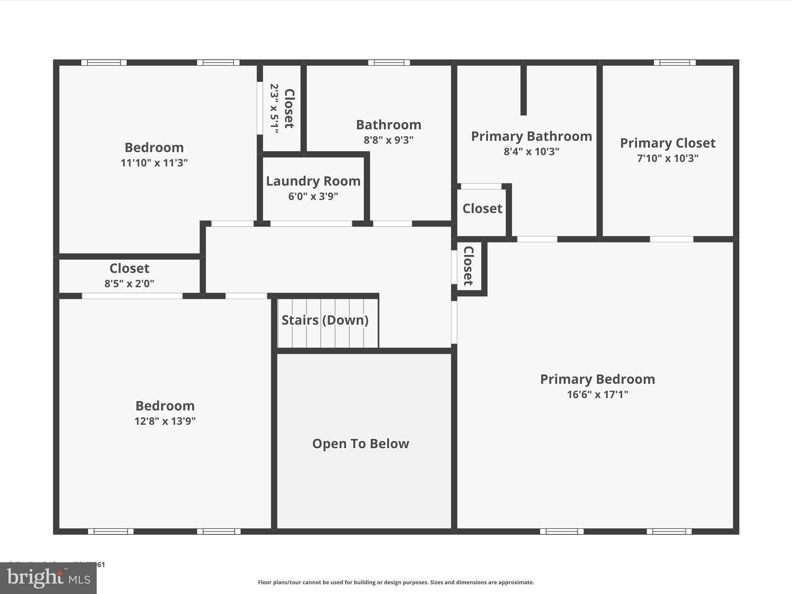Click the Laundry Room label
tap(313, 181)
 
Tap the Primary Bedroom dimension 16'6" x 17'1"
tap(597, 394)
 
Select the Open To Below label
tap(360, 444)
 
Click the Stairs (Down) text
tap(325, 320)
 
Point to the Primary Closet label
tap(667, 143)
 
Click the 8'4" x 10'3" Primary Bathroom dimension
tap(531, 152)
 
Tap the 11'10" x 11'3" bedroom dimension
tap(154, 163)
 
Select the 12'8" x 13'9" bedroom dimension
tap(165, 421)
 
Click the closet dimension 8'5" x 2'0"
tap(129, 284)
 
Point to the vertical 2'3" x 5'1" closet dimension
tap(274, 109)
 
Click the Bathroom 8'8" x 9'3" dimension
tap(388, 140)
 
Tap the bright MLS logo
tap(48, 578)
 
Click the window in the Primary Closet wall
tap(674, 63)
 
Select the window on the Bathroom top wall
tap(389, 63)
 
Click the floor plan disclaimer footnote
tap(396, 582)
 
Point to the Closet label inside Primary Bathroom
tap(482, 209)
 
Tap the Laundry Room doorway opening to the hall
tap(311, 224)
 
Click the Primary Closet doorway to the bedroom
tap(671, 239)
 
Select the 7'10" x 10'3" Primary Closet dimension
tap(667, 158)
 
